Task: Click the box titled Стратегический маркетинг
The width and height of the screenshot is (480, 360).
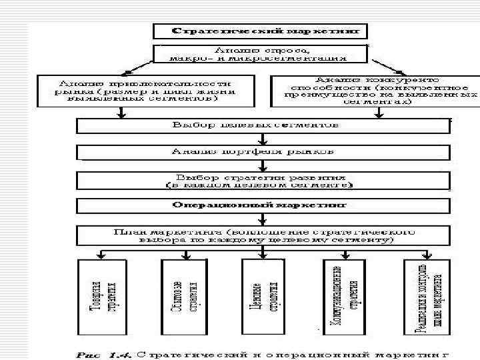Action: pos(261,31)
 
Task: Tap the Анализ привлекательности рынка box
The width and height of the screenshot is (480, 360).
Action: pos(147,89)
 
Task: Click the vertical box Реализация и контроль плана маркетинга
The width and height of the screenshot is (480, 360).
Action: pos(427,296)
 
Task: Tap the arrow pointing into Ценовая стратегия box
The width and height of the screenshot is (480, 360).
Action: pos(263,254)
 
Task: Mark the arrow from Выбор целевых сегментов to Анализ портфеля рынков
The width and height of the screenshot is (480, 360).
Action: pos(265,139)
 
